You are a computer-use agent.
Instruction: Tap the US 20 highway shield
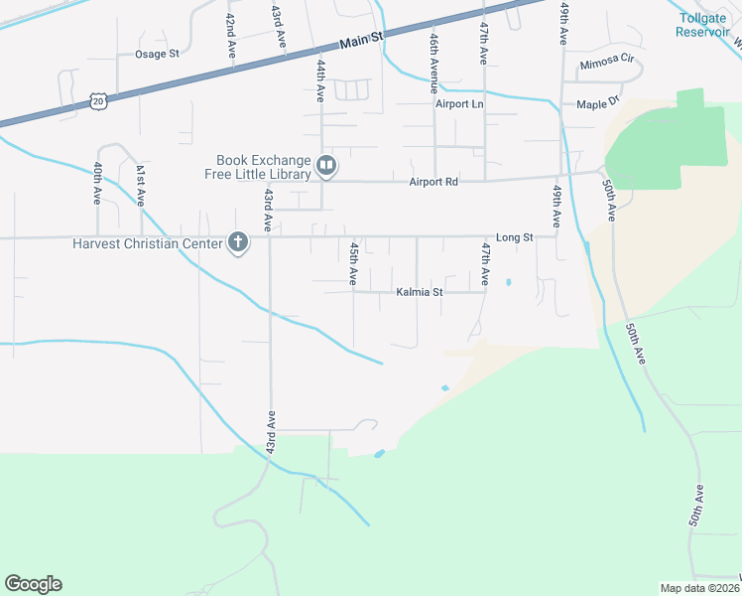pyautogui.click(x=96, y=100)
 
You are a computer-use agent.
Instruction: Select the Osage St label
pyautogui.click(x=157, y=54)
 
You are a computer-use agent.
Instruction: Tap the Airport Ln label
pyautogui.click(x=458, y=103)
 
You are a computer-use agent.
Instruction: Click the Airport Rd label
pyautogui.click(x=433, y=182)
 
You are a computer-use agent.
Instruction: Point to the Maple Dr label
pyautogui.click(x=598, y=102)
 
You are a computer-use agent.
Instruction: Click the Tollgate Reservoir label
pyautogui.click(x=703, y=25)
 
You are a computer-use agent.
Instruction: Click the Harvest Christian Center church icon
pyautogui.click(x=237, y=241)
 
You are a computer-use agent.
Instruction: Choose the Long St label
pyautogui.click(x=515, y=237)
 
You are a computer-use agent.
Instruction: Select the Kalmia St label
pyautogui.click(x=419, y=293)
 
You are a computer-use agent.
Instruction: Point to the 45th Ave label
pyautogui.click(x=353, y=262)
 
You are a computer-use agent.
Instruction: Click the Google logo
pyautogui.click(x=33, y=584)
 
